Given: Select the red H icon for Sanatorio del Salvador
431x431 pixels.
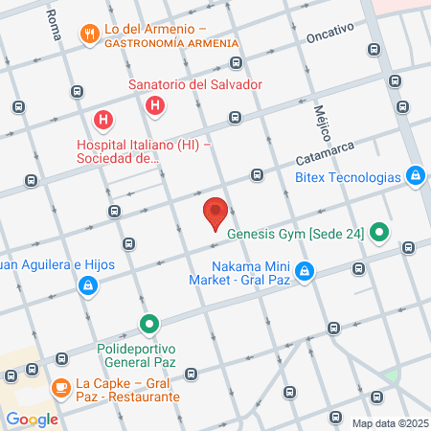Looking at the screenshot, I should (x=154, y=103).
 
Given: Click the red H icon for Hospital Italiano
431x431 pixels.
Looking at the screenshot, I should (x=103, y=122).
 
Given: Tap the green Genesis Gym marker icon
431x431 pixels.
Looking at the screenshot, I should (x=380, y=230).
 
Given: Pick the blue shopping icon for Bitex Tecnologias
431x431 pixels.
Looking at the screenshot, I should (x=415, y=175).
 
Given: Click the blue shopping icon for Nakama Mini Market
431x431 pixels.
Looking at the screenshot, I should (x=304, y=272).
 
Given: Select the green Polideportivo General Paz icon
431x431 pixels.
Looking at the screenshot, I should (x=148, y=326).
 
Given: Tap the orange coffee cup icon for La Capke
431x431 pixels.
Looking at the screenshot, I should (x=59, y=388).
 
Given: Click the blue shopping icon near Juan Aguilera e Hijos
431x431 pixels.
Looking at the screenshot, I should (x=87, y=284).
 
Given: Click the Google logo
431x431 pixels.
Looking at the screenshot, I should (x=31, y=419).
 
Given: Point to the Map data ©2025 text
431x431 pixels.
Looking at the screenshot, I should (x=389, y=423).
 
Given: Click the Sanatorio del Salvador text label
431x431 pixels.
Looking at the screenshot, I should (x=195, y=84).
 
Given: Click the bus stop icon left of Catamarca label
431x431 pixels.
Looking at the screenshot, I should (x=257, y=175).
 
